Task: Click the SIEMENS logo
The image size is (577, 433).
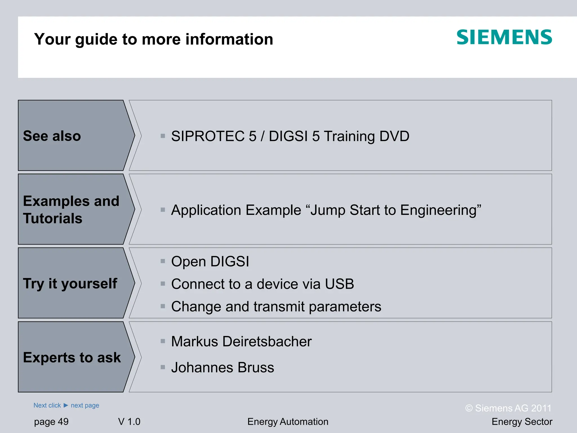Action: [504, 37]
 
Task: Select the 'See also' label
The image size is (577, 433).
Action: [52, 136]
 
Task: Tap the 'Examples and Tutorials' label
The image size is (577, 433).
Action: [71, 209]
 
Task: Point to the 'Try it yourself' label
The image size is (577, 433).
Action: [70, 283]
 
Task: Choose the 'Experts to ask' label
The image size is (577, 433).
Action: [72, 357]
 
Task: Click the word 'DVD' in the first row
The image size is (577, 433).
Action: [394, 136]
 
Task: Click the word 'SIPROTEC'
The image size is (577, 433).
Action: [208, 136]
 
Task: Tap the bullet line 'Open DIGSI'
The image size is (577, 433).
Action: [210, 261]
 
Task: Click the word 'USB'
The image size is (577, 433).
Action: [339, 284]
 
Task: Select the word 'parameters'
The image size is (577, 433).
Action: [345, 307]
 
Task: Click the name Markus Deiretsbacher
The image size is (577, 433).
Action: [241, 341]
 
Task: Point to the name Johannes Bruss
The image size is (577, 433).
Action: [223, 368]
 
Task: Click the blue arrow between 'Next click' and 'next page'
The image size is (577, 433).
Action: [66, 405]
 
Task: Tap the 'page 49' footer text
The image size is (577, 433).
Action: [51, 422]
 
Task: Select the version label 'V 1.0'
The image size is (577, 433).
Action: [129, 422]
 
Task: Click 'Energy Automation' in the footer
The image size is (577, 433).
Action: [288, 422]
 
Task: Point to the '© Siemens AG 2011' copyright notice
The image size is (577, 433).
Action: [508, 408]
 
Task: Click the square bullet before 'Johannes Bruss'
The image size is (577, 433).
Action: [163, 367]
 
